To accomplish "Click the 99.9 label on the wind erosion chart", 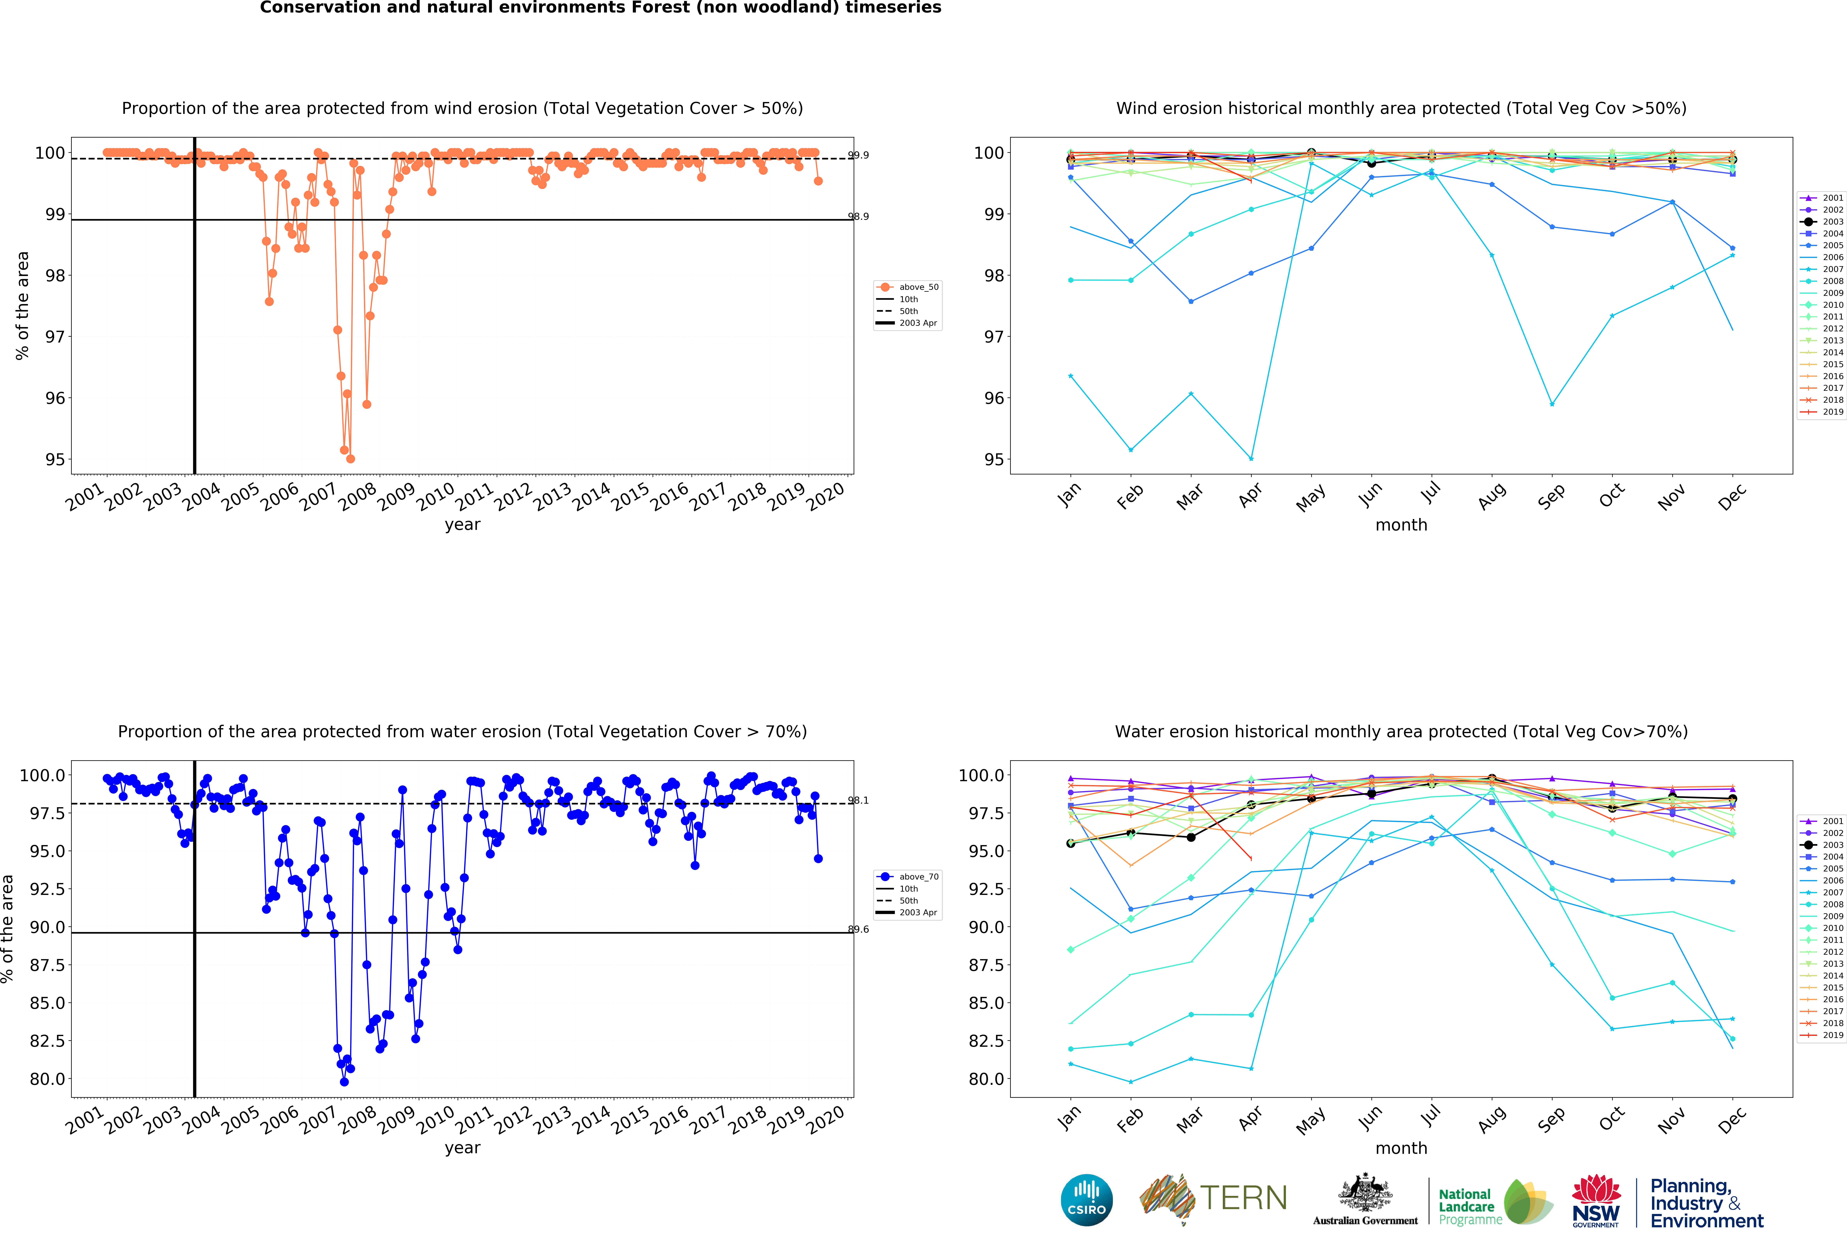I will click(858, 155).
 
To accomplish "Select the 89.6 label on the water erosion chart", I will click(858, 929).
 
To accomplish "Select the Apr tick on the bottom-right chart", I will click(1250, 1118).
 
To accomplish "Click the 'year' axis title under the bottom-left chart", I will click(462, 1148).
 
